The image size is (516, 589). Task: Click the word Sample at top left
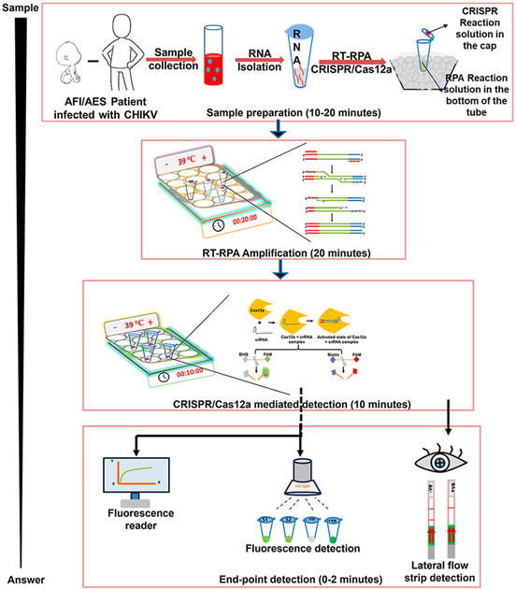point(21,7)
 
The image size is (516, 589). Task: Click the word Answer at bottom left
point(20,580)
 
